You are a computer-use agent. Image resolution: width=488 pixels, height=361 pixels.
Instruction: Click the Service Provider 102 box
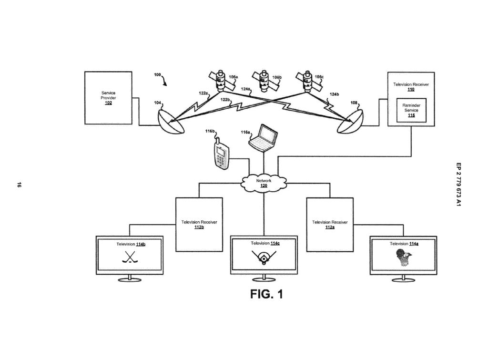[108, 98]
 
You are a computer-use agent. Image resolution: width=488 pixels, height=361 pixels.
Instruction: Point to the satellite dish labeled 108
[350, 122]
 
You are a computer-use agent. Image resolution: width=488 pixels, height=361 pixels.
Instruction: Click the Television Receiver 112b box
[199, 224]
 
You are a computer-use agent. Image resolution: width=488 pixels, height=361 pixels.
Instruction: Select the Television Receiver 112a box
[330, 224]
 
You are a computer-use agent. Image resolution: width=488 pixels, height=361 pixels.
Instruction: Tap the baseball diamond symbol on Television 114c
[264, 258]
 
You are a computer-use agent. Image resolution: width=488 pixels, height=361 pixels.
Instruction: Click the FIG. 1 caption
[266, 294]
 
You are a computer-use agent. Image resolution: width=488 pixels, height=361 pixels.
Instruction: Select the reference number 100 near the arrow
[157, 75]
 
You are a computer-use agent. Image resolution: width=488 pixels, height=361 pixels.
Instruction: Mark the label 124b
[334, 94]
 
